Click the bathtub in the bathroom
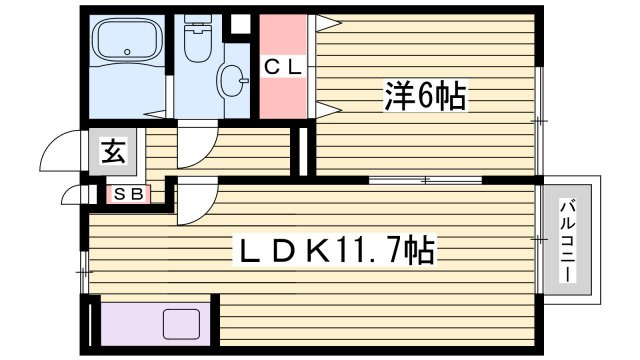pos(126,45)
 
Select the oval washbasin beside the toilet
pos(233,78)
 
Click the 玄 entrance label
pos(112,154)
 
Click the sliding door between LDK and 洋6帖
pos(426,180)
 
